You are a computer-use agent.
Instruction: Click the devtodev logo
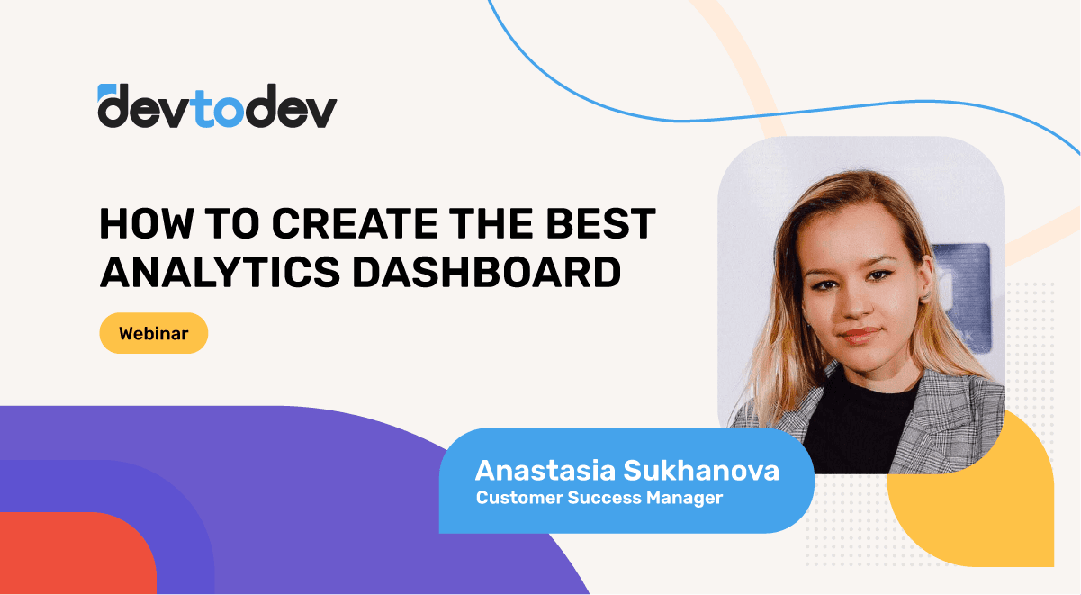(217, 106)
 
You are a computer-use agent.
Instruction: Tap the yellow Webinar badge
(154, 333)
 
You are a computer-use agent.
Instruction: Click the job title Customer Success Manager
(599, 497)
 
